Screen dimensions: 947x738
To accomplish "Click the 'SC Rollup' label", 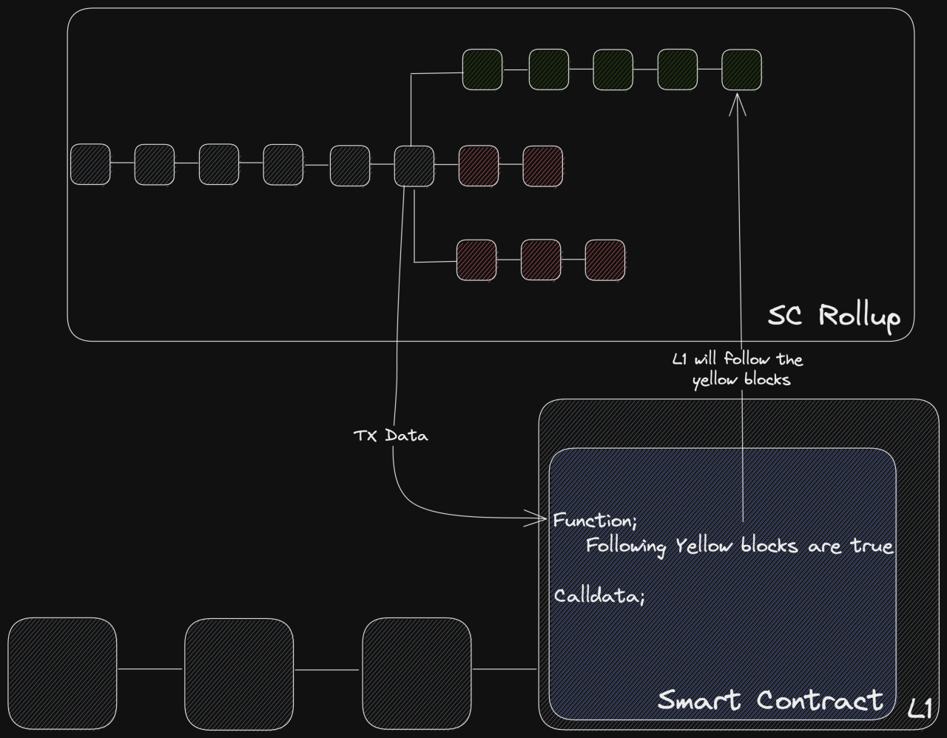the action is tap(834, 316).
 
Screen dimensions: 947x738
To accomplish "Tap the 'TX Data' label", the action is tap(391, 436).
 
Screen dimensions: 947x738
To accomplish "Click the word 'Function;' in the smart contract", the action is tap(595, 521).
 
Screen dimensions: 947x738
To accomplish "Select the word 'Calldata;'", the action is tap(599, 595).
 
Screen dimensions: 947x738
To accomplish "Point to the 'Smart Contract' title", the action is tap(770, 700).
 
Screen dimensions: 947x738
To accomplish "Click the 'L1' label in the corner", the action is tap(920, 708).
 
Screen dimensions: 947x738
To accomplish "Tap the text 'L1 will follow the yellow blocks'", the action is tap(738, 369).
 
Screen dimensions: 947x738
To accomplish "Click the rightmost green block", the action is tap(742, 70).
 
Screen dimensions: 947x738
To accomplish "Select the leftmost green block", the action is tap(482, 70).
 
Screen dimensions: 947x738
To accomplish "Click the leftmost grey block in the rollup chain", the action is tap(90, 164).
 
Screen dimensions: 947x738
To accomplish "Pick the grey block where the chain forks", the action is tap(414, 166).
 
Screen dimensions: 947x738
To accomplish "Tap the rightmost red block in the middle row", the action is tap(542, 166).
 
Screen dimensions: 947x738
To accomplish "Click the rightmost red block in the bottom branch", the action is tap(605, 260).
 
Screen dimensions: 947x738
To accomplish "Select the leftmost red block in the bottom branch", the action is tap(476, 260).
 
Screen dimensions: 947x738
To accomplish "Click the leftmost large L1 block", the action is tap(62, 673).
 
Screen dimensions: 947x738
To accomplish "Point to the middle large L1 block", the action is tap(239, 674).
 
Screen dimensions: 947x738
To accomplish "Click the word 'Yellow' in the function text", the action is tap(704, 546).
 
